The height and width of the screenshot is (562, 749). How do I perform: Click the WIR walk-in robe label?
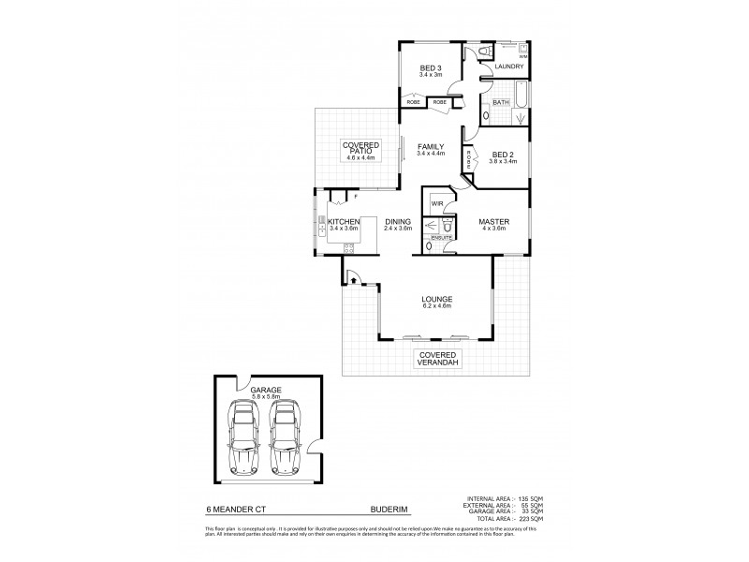(x=437, y=202)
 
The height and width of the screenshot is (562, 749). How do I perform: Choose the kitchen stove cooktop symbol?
(x=348, y=247)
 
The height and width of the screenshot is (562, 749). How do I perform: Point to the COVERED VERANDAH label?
(x=437, y=360)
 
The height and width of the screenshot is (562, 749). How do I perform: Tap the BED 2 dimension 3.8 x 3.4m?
(x=502, y=161)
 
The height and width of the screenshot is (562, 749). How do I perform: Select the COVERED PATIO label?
(x=361, y=147)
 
